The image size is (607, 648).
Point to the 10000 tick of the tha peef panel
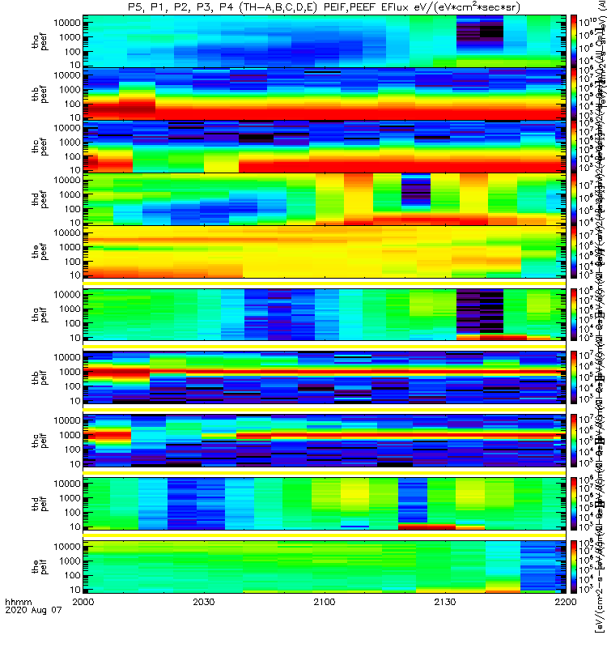(67, 23)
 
